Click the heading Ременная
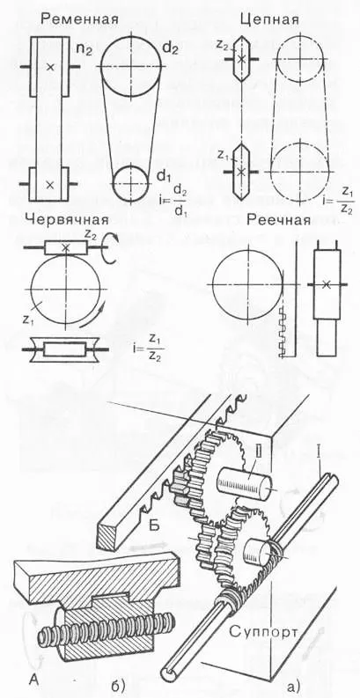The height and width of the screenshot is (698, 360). click(x=80, y=20)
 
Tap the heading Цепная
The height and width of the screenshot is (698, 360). click(x=268, y=19)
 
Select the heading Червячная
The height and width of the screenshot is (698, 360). click(x=67, y=220)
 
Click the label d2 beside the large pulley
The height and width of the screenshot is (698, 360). click(x=170, y=48)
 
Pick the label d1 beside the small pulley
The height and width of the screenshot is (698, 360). click(x=165, y=177)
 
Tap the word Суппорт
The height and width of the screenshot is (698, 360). click(x=264, y=630)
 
